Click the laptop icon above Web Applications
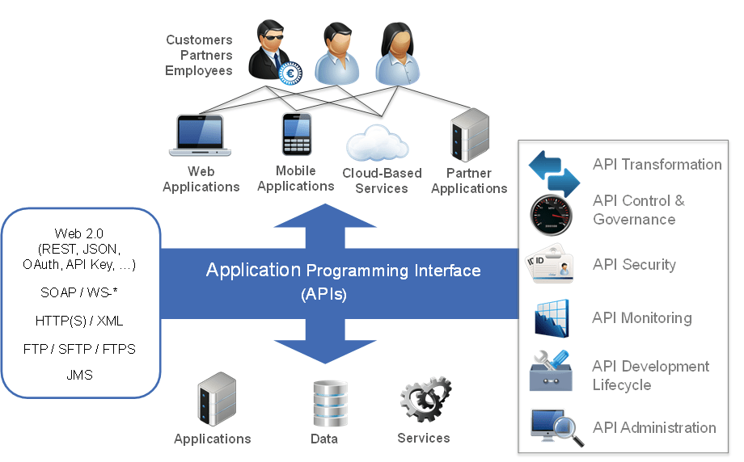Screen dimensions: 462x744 coord(200,136)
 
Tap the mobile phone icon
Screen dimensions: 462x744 coord(296,134)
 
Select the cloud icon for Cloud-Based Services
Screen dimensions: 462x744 coord(376,142)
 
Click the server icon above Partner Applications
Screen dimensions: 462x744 coord(469,136)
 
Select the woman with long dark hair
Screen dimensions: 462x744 coord(398,54)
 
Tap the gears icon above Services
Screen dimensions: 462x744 coord(425,400)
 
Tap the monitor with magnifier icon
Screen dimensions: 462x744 coord(557,428)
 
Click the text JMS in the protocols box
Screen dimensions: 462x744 coord(79,376)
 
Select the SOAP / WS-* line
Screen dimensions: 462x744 coord(79,292)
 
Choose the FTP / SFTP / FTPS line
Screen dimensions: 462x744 coord(79,349)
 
